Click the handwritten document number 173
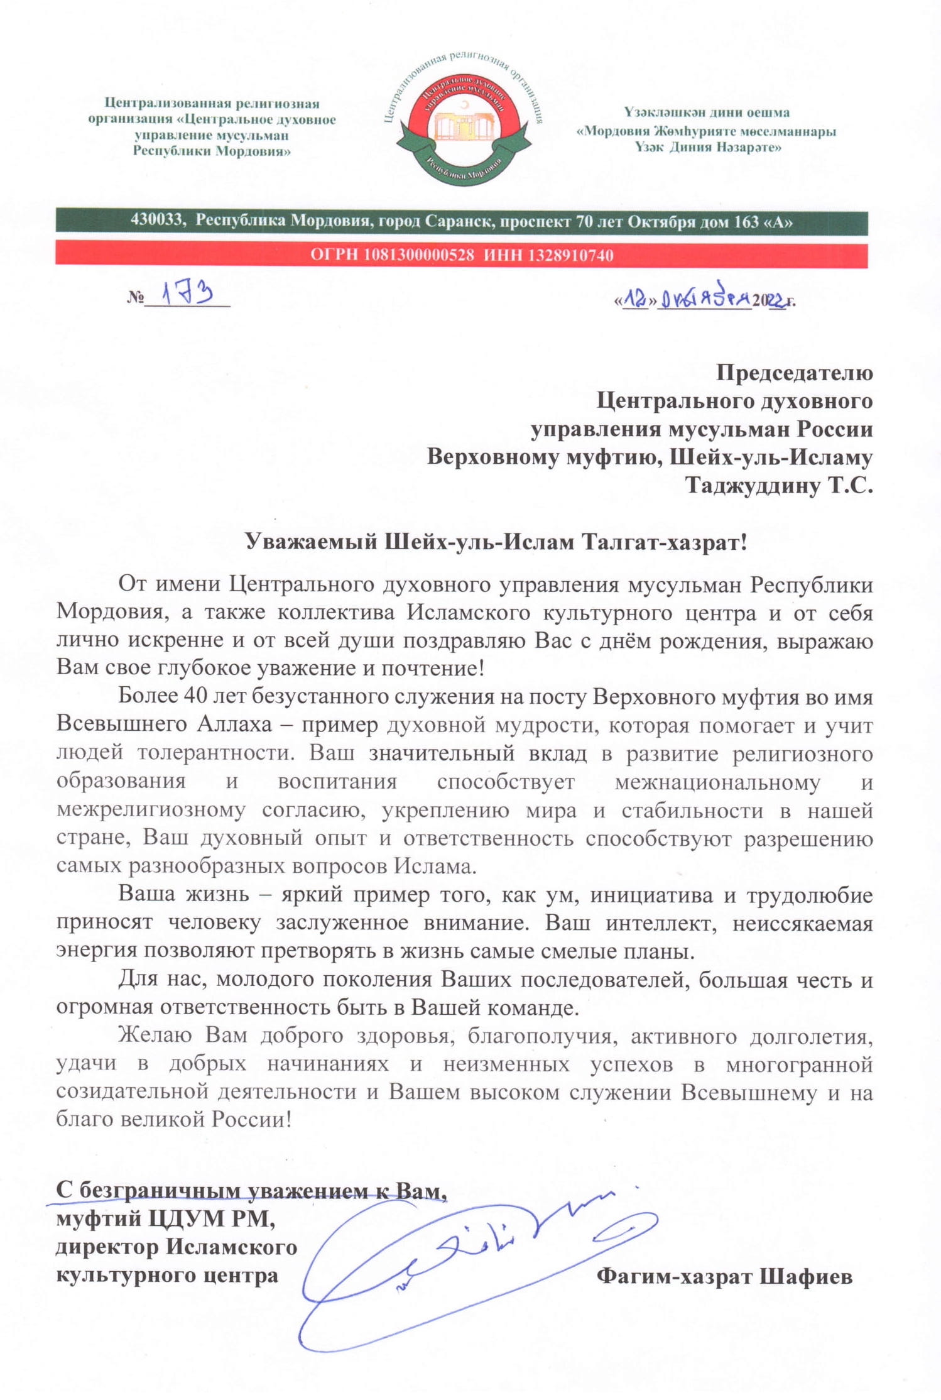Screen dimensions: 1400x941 click(x=187, y=293)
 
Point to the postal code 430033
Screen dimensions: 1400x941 click(x=157, y=221)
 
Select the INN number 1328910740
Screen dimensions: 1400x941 click(x=570, y=255)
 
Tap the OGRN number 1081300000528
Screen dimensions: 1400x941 click(x=418, y=255)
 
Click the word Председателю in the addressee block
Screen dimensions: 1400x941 click(x=794, y=373)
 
